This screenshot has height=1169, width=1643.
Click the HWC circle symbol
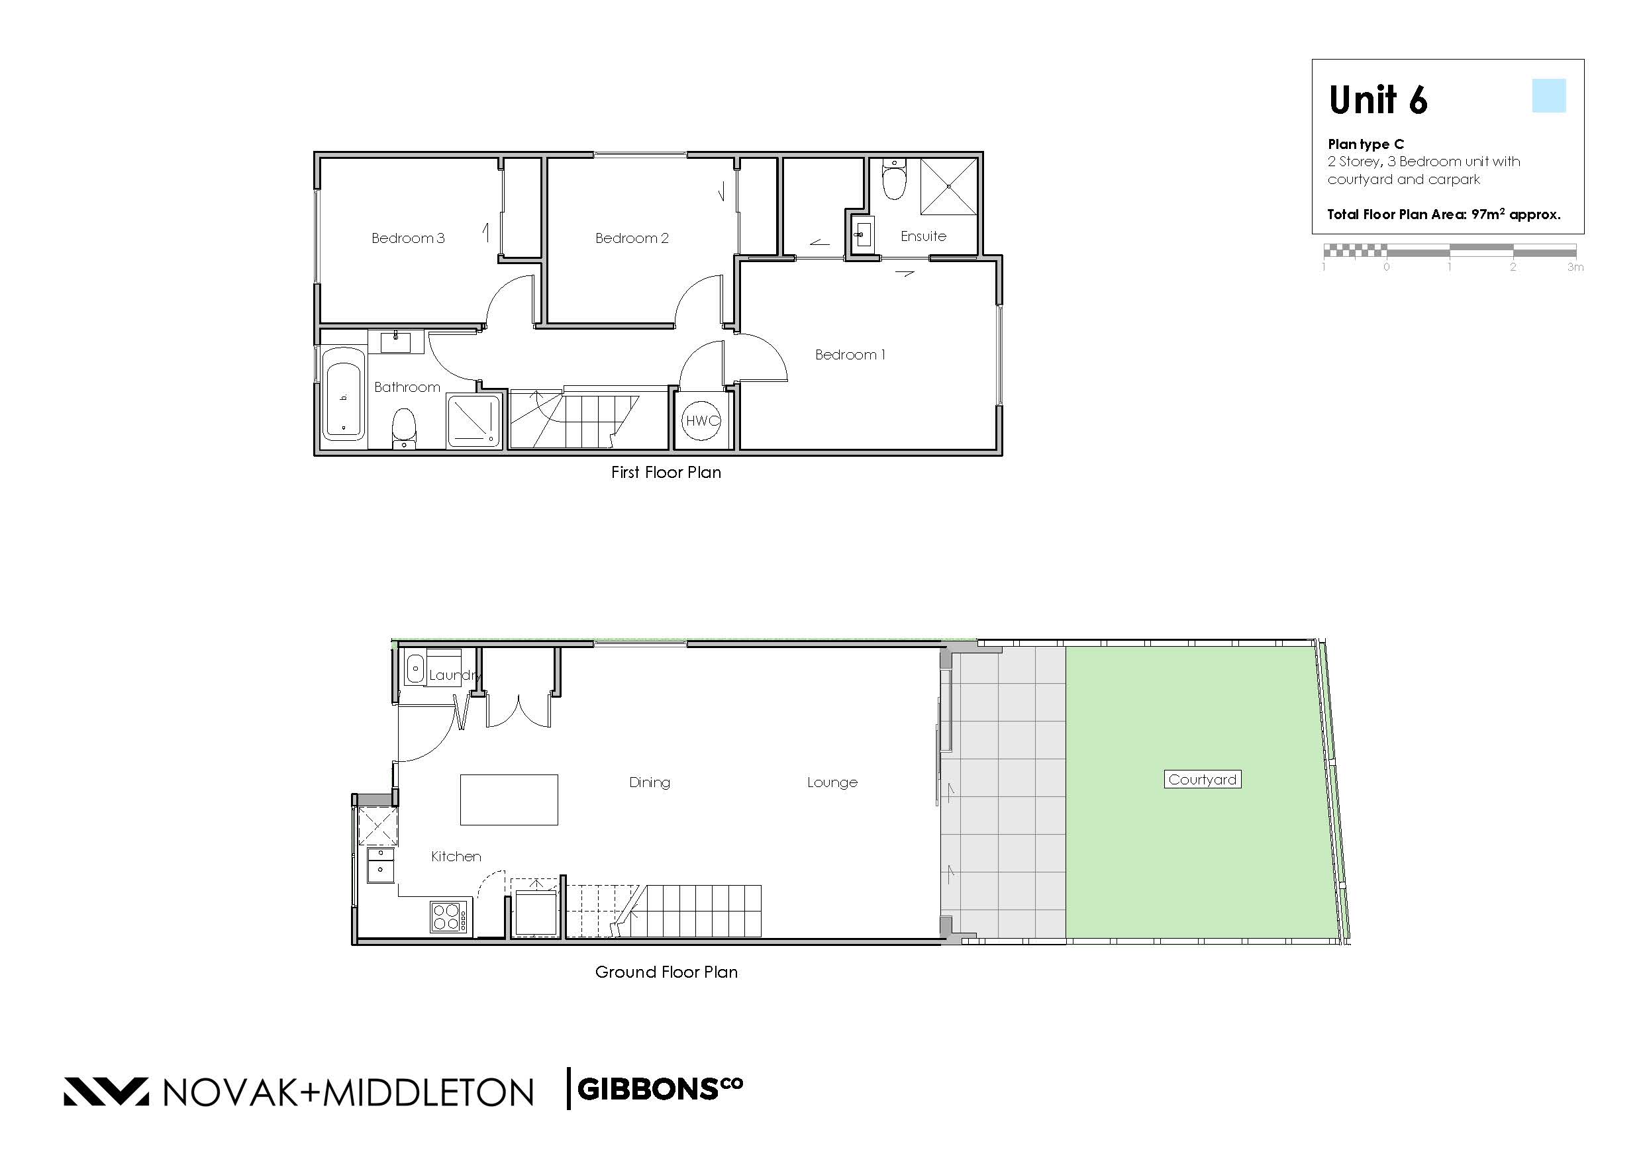click(x=702, y=421)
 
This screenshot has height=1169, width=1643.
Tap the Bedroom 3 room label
click(x=407, y=238)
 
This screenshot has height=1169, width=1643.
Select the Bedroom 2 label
click(x=631, y=238)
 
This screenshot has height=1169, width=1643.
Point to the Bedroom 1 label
click(x=850, y=354)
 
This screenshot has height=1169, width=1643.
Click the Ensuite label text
click(x=923, y=236)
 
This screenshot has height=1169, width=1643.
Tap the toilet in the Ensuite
click(x=893, y=179)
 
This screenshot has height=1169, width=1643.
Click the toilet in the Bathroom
click(x=404, y=428)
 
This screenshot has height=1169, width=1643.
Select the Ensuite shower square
click(x=949, y=187)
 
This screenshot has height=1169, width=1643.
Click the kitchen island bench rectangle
click(x=509, y=799)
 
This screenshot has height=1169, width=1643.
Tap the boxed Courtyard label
click(x=1203, y=780)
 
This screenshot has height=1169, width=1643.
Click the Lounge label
click(x=832, y=782)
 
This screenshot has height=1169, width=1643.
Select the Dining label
click(x=650, y=782)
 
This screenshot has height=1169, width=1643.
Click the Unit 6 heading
click(x=1378, y=100)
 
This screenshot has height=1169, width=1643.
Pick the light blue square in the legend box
click(x=1549, y=96)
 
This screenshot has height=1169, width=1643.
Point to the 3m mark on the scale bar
click(x=1575, y=267)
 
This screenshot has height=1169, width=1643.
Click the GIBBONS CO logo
click(x=660, y=1089)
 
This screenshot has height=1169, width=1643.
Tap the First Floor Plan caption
click(x=666, y=472)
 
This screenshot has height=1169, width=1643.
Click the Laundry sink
click(x=415, y=669)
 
